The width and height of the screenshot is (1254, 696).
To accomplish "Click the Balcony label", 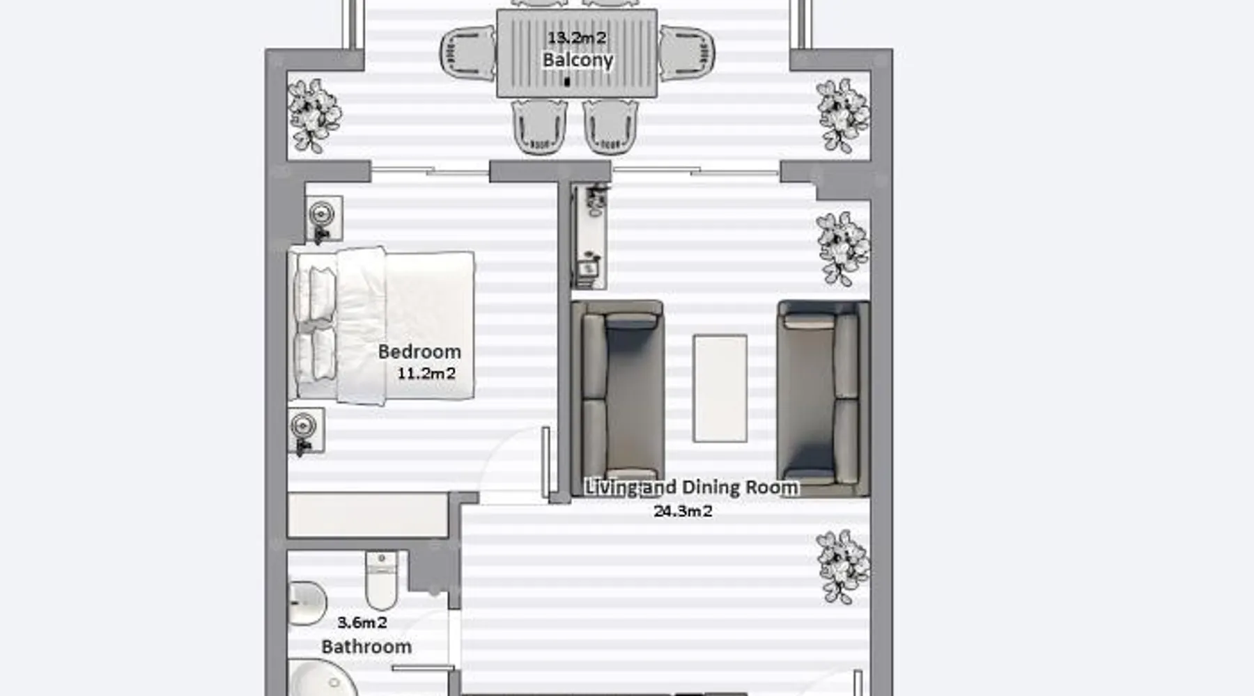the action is pos(578,60).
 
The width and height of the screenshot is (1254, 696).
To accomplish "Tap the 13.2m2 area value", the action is pos(577,38).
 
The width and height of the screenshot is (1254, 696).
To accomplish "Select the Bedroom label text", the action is pos(419,351).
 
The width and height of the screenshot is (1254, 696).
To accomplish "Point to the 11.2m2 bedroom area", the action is pos(426,373).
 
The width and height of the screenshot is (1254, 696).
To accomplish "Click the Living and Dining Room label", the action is pos(691,487).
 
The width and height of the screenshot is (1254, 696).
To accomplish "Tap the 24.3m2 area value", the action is pos(683,511).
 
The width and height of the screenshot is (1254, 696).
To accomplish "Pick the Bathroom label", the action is pos(366,647).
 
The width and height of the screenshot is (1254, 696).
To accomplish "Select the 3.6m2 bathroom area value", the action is pos(362,622).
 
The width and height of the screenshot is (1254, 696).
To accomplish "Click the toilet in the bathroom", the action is pos(381,580).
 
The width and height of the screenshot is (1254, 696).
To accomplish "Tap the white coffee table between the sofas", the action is pos(720,388).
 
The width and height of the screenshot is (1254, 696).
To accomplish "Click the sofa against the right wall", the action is pos(823,398).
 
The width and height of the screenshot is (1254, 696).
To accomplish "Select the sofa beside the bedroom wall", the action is pos(617,398).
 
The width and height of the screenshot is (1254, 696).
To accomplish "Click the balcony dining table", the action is pos(577,53).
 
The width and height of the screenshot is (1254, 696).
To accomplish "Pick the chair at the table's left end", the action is pos(468,53).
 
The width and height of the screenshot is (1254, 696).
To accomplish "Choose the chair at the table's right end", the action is pos(687,53).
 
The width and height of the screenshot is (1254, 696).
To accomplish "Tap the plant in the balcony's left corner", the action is pos(314,116).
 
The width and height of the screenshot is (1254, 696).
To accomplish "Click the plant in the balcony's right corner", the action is pos(843,116).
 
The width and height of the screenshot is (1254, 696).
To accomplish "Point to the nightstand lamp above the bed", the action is pos(321,212).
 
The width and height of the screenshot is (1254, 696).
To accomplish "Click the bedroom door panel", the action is pos(545,462).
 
